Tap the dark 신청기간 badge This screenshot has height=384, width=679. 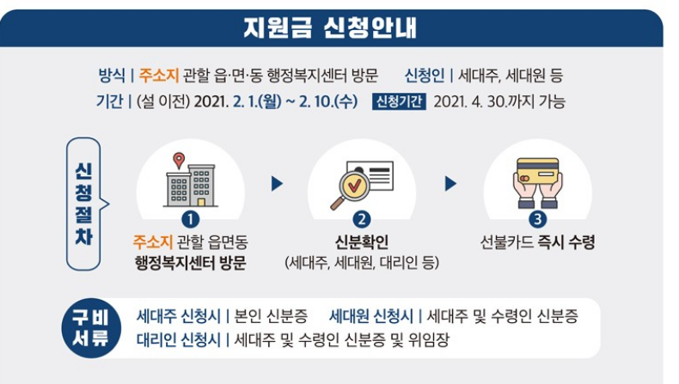(399, 101)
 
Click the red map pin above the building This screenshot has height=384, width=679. (179, 160)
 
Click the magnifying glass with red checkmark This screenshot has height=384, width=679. (351, 192)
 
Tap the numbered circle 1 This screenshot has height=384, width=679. (190, 220)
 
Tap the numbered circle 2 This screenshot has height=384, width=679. (362, 220)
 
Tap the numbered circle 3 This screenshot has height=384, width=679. (537, 220)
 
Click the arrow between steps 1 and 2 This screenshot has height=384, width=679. (276, 183)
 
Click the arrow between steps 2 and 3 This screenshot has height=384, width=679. (450, 183)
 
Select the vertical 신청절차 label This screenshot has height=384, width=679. (83, 204)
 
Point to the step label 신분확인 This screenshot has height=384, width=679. (362, 242)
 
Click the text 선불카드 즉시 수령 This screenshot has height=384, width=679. (537, 242)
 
